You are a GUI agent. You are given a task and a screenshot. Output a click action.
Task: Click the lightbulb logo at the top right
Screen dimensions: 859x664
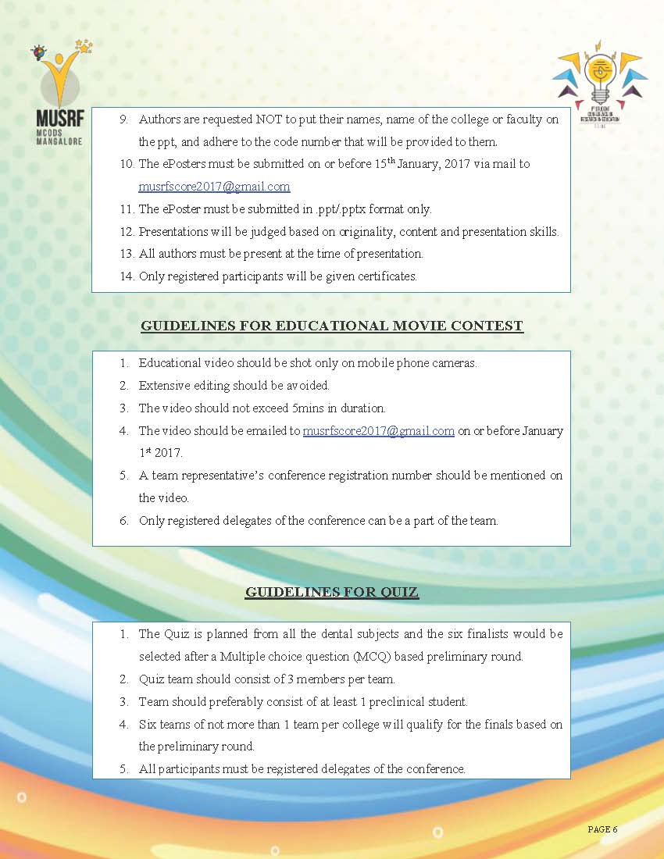pyautogui.click(x=600, y=78)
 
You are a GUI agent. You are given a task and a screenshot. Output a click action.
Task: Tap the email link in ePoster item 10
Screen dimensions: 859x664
pyautogui.click(x=214, y=187)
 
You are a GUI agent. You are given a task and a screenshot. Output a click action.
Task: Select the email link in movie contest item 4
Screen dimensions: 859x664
pyautogui.click(x=378, y=430)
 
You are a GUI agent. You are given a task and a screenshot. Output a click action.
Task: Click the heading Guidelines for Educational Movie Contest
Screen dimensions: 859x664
pyautogui.click(x=331, y=326)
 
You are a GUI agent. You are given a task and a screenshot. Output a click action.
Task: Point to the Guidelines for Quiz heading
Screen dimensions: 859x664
pyautogui.click(x=331, y=592)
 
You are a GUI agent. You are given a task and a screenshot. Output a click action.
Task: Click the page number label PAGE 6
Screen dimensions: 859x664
pyautogui.click(x=602, y=829)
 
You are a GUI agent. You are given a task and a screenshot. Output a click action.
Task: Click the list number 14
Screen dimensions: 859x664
pyautogui.click(x=127, y=276)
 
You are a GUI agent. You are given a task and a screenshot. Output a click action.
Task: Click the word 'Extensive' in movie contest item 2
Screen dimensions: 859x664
pyautogui.click(x=163, y=385)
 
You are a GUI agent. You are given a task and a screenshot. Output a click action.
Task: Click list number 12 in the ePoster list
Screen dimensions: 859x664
pyautogui.click(x=127, y=231)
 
